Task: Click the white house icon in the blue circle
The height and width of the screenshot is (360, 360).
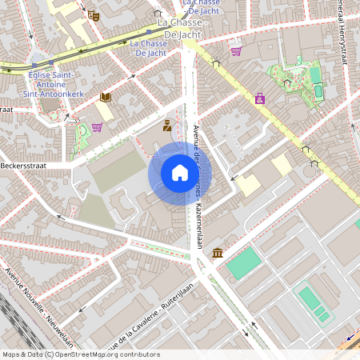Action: pyautogui.click(x=179, y=174)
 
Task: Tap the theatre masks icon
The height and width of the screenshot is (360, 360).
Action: pyautogui.click(x=94, y=14)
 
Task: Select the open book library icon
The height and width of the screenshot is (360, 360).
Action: pyautogui.click(x=105, y=97)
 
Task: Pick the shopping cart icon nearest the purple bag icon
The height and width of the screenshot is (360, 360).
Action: pyautogui.click(x=236, y=51)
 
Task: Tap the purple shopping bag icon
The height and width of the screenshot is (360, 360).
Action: pyautogui.click(x=259, y=98)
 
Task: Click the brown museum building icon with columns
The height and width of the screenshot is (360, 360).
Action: pyautogui.click(x=218, y=254)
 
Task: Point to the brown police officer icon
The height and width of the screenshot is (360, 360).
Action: pyautogui.click(x=167, y=125)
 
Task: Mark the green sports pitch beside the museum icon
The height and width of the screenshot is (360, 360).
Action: pyautogui.click(x=244, y=262)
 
